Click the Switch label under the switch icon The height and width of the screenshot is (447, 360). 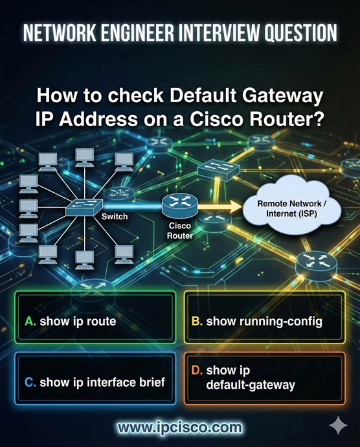point(115,217)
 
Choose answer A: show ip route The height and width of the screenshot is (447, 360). point(95,320)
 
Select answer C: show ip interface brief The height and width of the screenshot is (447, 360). point(95,382)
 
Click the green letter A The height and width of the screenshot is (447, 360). point(30,320)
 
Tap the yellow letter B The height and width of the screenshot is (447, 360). point(197,320)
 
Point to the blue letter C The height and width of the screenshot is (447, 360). point(30,382)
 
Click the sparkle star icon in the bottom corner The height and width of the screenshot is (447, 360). point(337,426)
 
